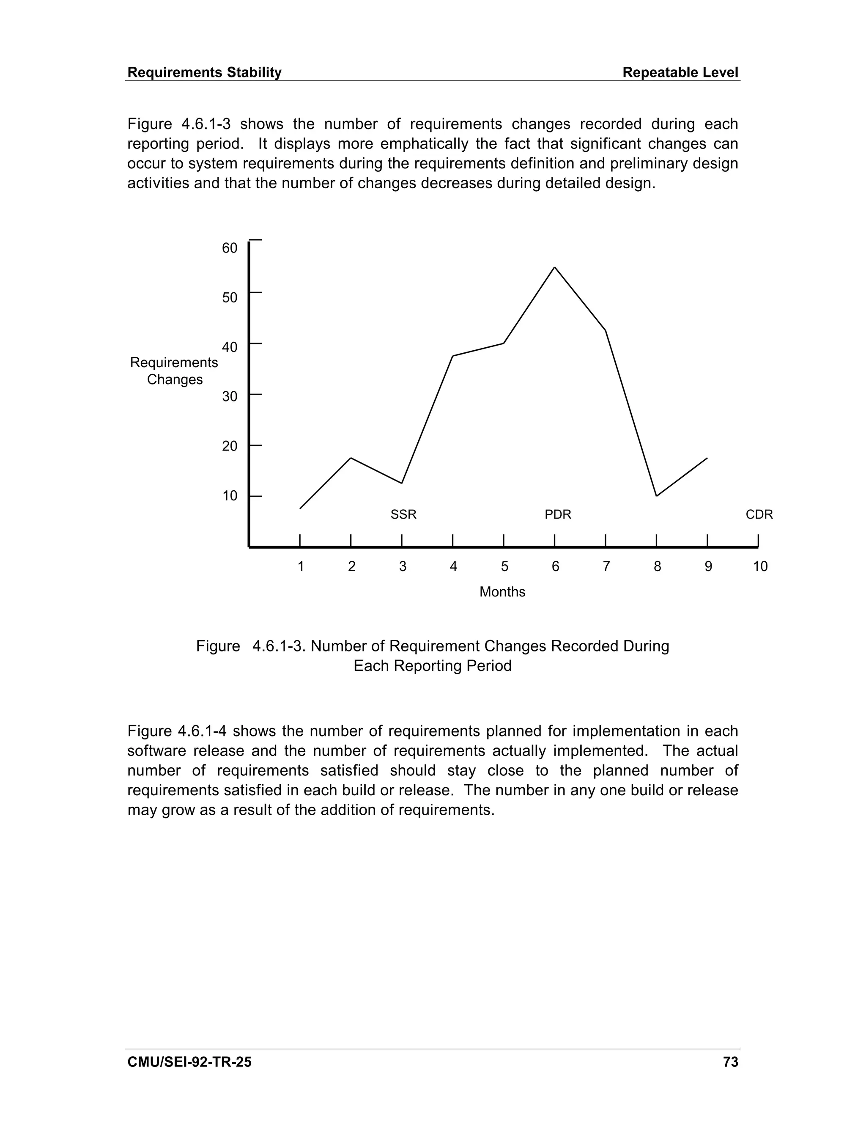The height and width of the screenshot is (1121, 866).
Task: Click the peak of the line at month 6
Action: pyautogui.click(x=555, y=267)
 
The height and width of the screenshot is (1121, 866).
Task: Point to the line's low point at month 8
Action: pyautogui.click(x=656, y=496)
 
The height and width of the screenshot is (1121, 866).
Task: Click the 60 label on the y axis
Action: pyautogui.click(x=229, y=248)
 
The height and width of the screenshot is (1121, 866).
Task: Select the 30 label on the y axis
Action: pyautogui.click(x=229, y=396)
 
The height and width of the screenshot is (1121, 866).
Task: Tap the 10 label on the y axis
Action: pyautogui.click(x=229, y=496)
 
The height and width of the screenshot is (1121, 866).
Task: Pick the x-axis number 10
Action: pyautogui.click(x=760, y=567)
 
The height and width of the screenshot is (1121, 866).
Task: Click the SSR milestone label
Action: pyautogui.click(x=403, y=514)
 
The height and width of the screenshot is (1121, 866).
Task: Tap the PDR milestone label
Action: pyautogui.click(x=558, y=514)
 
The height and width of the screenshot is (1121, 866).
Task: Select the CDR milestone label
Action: pyautogui.click(x=759, y=514)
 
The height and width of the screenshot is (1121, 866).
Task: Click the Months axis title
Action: pyautogui.click(x=502, y=592)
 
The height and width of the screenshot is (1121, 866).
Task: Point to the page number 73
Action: pyautogui.click(x=730, y=1062)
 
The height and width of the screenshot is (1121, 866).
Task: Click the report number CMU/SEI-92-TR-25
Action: pyautogui.click(x=189, y=1062)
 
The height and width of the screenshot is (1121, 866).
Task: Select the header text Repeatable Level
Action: pyautogui.click(x=680, y=73)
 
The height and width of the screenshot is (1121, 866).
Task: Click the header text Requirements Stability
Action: pyautogui.click(x=204, y=73)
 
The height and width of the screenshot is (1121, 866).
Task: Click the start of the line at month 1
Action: pyautogui.click(x=300, y=508)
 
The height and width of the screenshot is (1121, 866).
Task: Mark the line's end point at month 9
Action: pyautogui.click(x=707, y=458)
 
